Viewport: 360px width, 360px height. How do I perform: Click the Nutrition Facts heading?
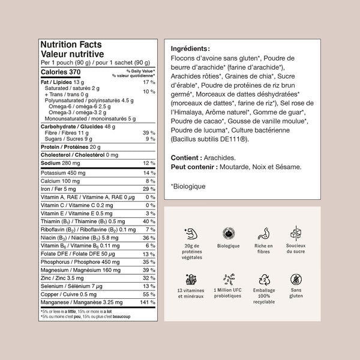(x=70, y=44)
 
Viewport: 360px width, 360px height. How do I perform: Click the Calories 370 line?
(x=60, y=72)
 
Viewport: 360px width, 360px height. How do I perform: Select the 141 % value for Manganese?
(x=148, y=302)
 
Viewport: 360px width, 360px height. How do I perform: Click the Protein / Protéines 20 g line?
(x=70, y=146)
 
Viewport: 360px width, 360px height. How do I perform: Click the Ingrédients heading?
(x=191, y=49)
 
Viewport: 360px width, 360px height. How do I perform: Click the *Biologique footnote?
(x=188, y=187)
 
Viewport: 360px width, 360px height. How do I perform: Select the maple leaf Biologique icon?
(x=228, y=233)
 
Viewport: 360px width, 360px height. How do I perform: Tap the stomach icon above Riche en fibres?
(x=263, y=233)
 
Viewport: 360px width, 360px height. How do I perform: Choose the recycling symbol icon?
(x=263, y=279)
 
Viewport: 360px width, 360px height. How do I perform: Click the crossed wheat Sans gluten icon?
(x=296, y=279)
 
